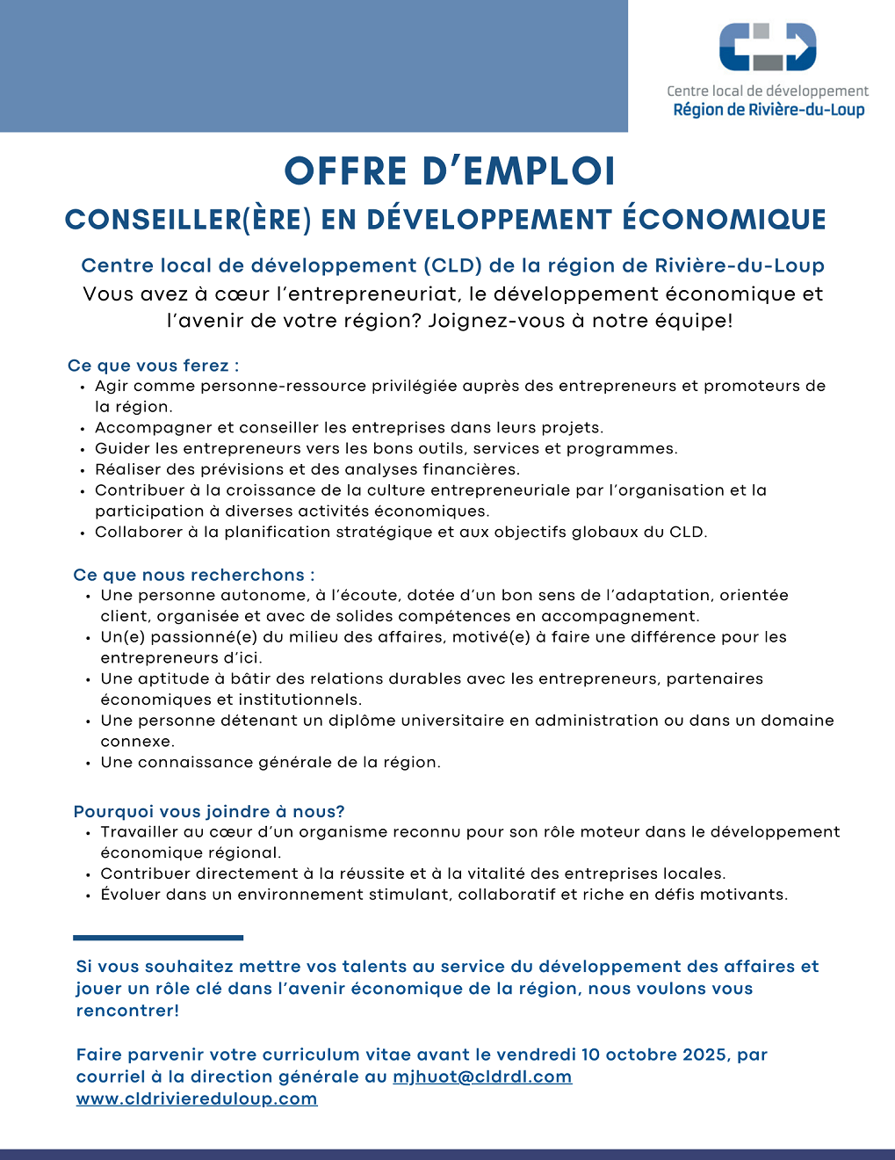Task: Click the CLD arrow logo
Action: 768,47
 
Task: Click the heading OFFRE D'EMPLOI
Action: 450,171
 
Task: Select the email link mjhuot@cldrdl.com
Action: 482,1077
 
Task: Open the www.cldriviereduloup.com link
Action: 197,1099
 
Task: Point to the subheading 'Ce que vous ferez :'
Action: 154,366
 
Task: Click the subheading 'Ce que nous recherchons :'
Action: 194,576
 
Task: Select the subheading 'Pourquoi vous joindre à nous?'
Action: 209,812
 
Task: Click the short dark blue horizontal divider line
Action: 158,938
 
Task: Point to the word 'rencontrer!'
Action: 127,1011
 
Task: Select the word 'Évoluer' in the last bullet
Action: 132,895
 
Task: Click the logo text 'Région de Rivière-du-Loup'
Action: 769,110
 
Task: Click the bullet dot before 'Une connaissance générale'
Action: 89,764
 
